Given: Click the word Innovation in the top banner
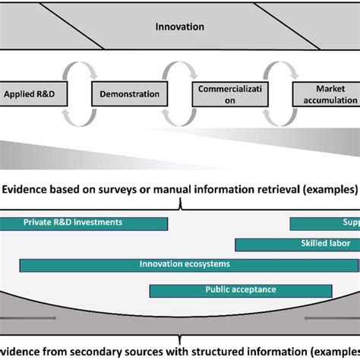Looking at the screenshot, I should coord(179,27).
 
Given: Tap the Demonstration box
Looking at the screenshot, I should coord(129,95).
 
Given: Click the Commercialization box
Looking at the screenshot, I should coord(229,95).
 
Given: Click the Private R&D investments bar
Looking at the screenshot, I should coord(84,223).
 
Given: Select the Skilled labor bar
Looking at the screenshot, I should coord(297,245).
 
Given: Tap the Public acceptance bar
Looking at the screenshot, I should coord(240,290).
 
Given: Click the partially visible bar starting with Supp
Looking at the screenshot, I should coord(324,223).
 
